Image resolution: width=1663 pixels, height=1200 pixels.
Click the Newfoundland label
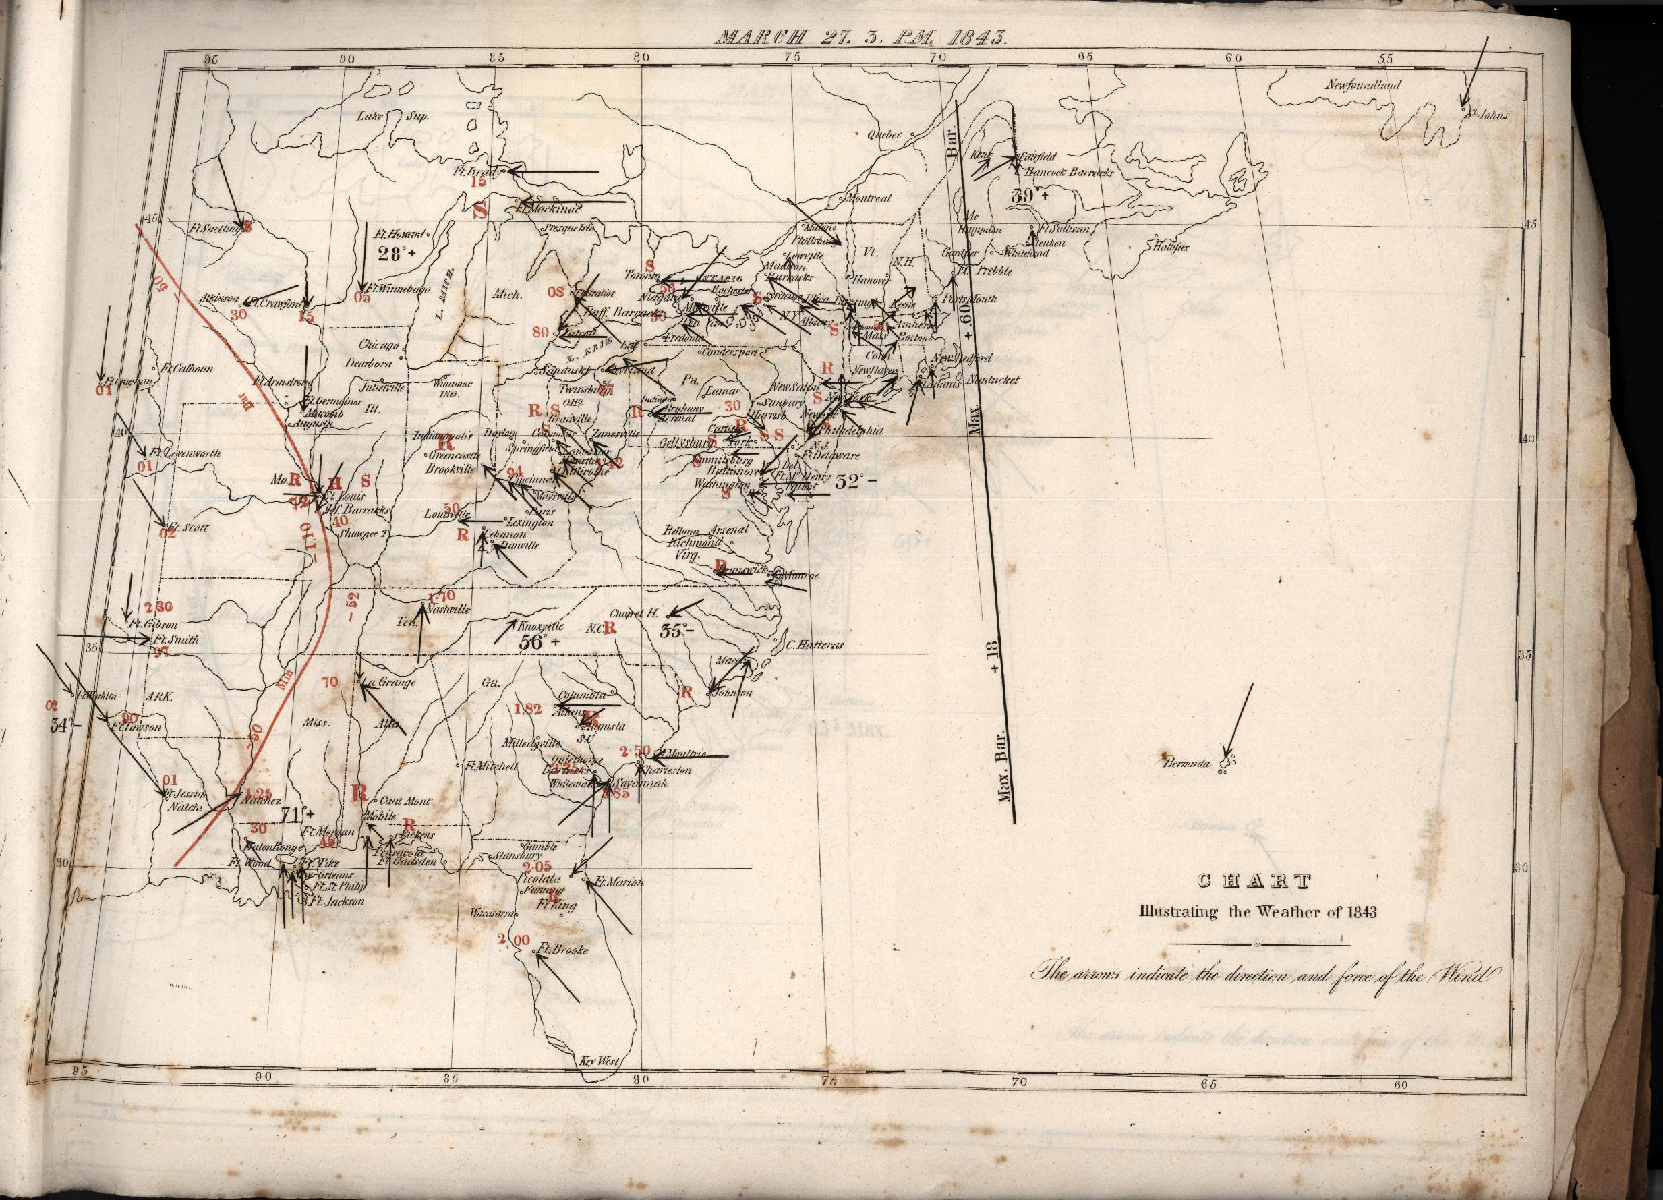(1363, 85)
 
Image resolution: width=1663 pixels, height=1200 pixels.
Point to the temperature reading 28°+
(397, 254)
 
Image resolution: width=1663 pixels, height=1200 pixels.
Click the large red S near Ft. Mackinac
(480, 210)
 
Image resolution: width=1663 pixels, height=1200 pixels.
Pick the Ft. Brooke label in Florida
(562, 950)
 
